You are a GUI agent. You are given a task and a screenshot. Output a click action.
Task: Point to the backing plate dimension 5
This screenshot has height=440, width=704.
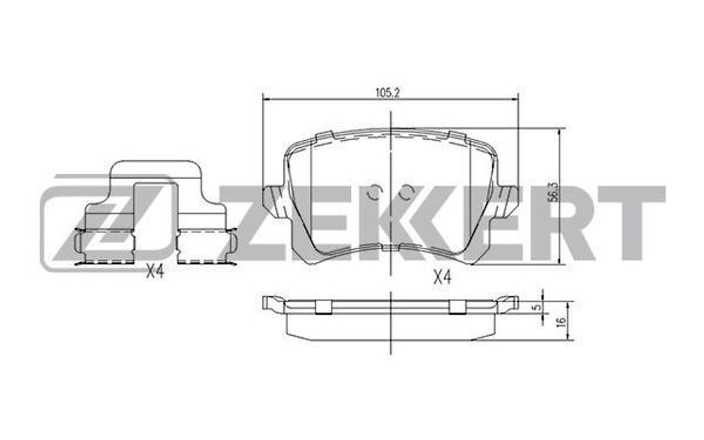pyautogui.click(x=537, y=307)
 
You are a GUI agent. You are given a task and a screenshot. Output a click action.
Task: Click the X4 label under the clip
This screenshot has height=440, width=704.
pyautogui.click(x=154, y=272)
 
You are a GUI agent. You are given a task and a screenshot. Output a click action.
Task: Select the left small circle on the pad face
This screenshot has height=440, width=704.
pyautogui.click(x=375, y=192)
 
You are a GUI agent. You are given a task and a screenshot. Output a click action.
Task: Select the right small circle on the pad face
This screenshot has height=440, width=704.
pyautogui.click(x=407, y=192)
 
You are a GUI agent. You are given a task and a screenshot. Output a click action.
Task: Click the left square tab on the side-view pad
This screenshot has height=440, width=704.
pyautogui.click(x=323, y=306)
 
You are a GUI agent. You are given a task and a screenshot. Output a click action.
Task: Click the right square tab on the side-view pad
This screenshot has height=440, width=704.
pyautogui.click(x=456, y=306)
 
